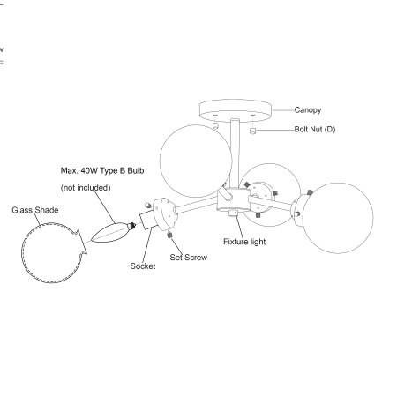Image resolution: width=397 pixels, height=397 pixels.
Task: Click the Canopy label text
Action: (308, 110)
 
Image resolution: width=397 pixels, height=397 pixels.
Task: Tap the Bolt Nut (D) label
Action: (315, 130)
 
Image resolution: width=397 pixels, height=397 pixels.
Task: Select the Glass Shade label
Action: (35, 210)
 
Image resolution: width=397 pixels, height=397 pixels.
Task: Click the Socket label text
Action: (143, 266)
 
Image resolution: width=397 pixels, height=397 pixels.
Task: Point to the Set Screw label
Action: (189, 258)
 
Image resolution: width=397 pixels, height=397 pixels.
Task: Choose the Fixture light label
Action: (244, 242)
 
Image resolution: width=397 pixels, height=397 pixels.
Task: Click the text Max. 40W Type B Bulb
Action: (102, 170)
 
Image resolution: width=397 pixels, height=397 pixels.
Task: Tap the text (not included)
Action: (86, 188)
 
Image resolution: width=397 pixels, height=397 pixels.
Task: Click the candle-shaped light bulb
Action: (113, 232)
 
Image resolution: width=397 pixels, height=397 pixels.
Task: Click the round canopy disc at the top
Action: (236, 110)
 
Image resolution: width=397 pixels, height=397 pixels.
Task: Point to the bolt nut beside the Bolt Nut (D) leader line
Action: (252, 131)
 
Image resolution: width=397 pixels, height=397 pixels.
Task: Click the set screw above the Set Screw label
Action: (169, 235)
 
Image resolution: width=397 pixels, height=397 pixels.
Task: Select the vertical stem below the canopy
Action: (235, 154)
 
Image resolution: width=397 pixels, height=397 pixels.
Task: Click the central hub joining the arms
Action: (233, 199)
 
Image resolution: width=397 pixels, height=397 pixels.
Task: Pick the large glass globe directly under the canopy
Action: (196, 161)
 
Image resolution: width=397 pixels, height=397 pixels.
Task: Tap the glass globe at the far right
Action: (338, 218)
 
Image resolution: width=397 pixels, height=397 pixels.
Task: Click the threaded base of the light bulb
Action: (131, 226)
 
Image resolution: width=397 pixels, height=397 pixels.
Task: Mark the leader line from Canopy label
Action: (283, 110)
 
